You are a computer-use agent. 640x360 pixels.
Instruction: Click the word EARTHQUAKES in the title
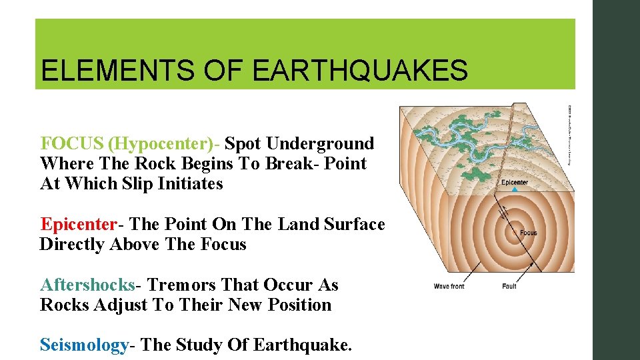coord(360,70)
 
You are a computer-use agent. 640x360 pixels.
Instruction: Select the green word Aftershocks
coord(87,285)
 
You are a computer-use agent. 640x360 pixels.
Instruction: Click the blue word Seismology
coord(84,345)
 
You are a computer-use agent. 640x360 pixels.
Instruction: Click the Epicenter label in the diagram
coord(515,183)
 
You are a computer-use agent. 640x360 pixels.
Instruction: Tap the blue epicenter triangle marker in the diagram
coord(513,191)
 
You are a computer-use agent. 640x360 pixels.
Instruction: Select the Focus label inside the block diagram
coord(528,233)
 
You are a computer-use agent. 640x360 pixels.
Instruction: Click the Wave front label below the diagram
coord(449,286)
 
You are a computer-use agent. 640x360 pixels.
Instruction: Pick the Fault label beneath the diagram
coord(509,286)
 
